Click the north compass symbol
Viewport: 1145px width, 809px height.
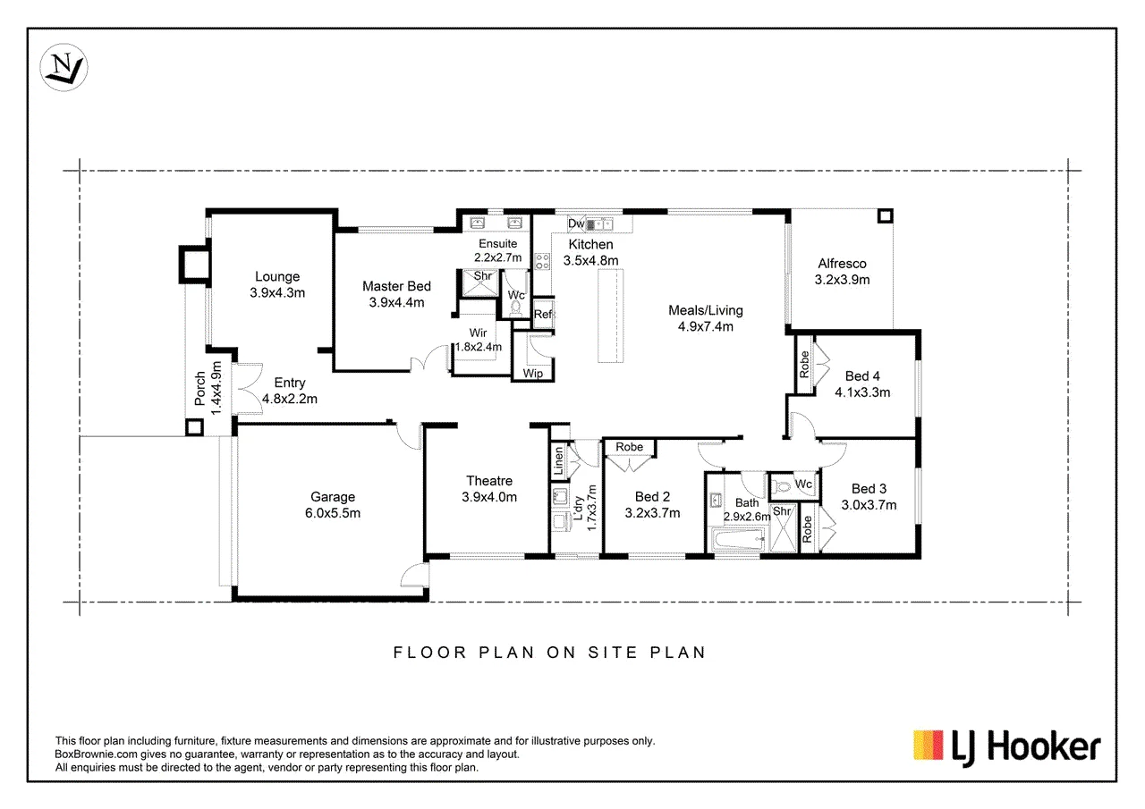64,67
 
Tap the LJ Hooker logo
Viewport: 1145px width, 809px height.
1007,747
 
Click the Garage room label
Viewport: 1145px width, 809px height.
333,496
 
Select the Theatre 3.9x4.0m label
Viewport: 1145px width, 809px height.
489,489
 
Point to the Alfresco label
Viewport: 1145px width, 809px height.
842,264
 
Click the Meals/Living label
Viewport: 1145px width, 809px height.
706,310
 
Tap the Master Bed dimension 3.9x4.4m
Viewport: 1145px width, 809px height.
396,302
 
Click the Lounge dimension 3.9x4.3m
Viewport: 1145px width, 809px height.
277,292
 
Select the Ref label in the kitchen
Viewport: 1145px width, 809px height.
543,314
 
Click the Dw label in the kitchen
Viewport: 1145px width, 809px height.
576,223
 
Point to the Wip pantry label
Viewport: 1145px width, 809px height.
532,374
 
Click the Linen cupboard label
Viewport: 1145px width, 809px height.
559,460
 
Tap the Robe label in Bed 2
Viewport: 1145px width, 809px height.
629,447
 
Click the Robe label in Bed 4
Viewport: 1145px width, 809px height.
804,364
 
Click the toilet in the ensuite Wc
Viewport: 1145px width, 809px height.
516,308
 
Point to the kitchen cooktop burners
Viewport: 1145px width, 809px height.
542,262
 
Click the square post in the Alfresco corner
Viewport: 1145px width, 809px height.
886,216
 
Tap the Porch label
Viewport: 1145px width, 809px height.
199,389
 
